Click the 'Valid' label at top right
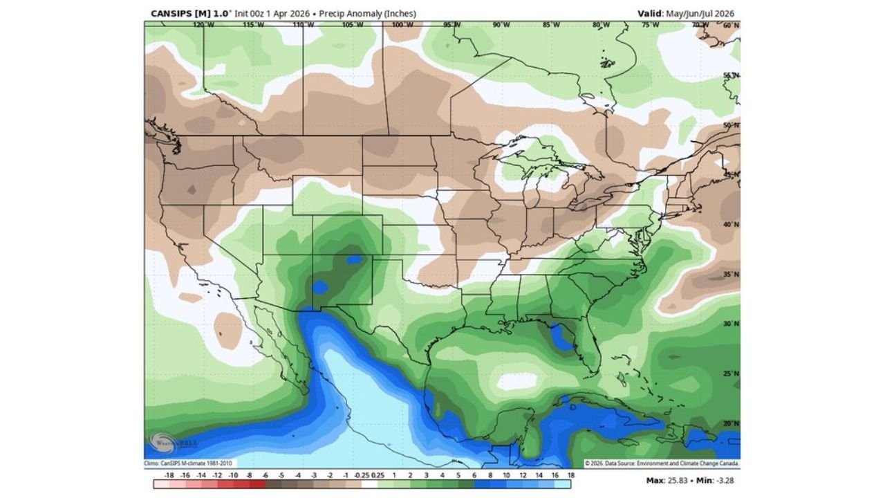[x=650, y=13]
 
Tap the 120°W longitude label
[x=203, y=25]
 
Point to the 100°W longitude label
[x=402, y=25]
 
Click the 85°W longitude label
[x=551, y=25]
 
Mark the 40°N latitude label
[x=731, y=224]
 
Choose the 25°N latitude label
[x=731, y=373]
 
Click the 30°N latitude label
[x=731, y=324]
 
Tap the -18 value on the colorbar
[x=168, y=476]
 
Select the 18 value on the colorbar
[x=570, y=476]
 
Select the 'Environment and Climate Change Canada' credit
[x=692, y=463]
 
